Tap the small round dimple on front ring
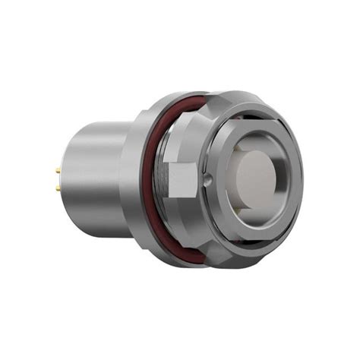[x=207, y=181]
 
